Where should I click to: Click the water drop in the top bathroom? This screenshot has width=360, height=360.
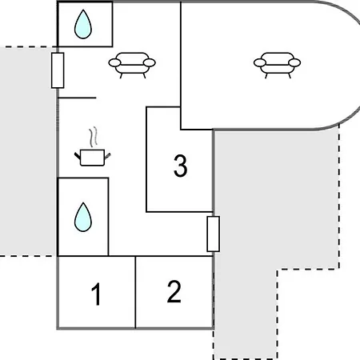click(83, 25)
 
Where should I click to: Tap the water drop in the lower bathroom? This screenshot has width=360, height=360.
click(83, 217)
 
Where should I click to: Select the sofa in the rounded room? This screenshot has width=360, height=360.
click(277, 65)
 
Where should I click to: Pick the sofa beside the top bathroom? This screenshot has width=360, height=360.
click(132, 65)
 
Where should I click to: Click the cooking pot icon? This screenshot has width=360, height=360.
click(92, 158)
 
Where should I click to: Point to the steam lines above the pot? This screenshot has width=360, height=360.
click(93, 137)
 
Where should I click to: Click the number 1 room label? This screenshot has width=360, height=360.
click(96, 294)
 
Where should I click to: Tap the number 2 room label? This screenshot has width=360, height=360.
click(174, 291)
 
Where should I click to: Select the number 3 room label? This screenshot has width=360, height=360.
click(181, 166)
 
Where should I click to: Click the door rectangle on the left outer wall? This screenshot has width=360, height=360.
click(58, 70)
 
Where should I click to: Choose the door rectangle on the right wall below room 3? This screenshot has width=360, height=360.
click(214, 234)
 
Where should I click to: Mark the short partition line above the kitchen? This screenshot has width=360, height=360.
click(77, 98)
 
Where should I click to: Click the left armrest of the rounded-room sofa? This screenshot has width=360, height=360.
click(260, 62)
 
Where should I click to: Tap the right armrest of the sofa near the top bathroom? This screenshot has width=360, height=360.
click(150, 62)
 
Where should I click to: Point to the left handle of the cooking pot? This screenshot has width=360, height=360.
click(78, 156)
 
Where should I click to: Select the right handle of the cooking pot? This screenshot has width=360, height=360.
click(107, 156)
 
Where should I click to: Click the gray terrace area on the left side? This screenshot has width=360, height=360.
click(28, 151)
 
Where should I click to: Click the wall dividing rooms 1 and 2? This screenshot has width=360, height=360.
click(135, 292)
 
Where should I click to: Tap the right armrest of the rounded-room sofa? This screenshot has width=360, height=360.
click(294, 62)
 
